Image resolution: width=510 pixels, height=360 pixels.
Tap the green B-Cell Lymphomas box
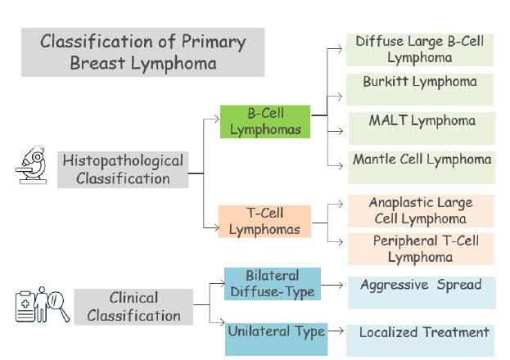[x=265, y=122]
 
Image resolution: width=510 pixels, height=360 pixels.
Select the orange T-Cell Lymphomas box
[x=264, y=222]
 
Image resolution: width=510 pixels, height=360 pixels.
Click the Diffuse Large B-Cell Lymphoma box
[x=420, y=50]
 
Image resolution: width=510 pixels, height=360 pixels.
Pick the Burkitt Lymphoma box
[x=420, y=89]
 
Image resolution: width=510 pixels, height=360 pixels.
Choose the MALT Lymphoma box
[x=422, y=128]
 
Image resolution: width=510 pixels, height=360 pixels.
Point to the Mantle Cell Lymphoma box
[x=422, y=168]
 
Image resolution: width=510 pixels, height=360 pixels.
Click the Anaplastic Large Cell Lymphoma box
[x=421, y=211]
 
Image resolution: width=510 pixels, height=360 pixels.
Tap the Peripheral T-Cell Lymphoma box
[x=421, y=249]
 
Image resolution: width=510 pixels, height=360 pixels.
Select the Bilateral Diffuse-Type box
[x=273, y=284]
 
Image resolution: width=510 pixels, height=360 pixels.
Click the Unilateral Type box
[x=276, y=340]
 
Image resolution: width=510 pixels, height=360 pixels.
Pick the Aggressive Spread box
[x=422, y=293]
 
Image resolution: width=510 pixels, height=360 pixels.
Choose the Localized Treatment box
[x=420, y=340]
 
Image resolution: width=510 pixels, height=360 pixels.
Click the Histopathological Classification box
[x=123, y=169]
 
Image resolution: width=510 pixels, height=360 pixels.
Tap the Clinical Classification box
[x=133, y=307]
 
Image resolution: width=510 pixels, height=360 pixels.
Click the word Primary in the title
[x=214, y=43]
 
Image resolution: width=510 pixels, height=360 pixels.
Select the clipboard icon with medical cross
[x=25, y=307]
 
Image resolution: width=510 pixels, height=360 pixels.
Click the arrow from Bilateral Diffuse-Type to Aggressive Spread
[x=332, y=286]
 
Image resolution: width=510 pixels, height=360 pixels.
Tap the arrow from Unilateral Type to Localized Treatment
[x=336, y=331]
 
